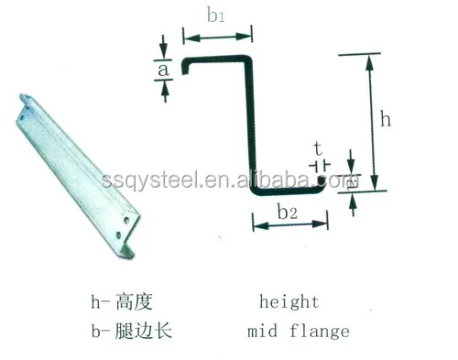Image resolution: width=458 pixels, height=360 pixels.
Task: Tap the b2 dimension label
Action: click(287, 213)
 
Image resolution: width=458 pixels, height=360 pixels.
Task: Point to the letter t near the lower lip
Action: click(317, 149)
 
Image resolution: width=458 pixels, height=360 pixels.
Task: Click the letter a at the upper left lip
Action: click(163, 67)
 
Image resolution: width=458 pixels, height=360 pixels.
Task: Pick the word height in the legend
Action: click(288, 301)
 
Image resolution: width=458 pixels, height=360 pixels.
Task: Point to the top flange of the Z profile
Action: click(218, 59)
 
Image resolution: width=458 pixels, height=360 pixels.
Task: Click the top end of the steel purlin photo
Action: click(24, 99)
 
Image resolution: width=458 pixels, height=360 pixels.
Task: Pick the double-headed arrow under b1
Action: click(218, 37)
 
